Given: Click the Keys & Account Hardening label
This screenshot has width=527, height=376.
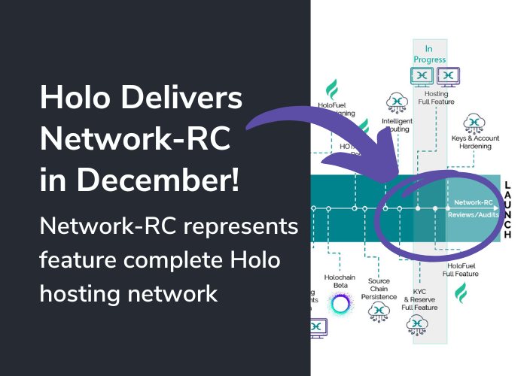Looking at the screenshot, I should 474,141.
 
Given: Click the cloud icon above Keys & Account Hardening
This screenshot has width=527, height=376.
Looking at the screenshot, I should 474,121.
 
